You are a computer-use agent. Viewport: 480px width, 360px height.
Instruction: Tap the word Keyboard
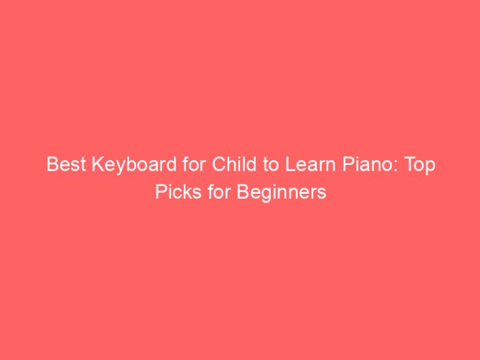[121, 167]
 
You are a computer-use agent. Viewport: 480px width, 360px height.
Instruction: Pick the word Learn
[275, 167]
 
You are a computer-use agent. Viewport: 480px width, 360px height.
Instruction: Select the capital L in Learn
[259, 167]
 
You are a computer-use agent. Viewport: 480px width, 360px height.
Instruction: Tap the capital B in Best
[52, 167]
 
